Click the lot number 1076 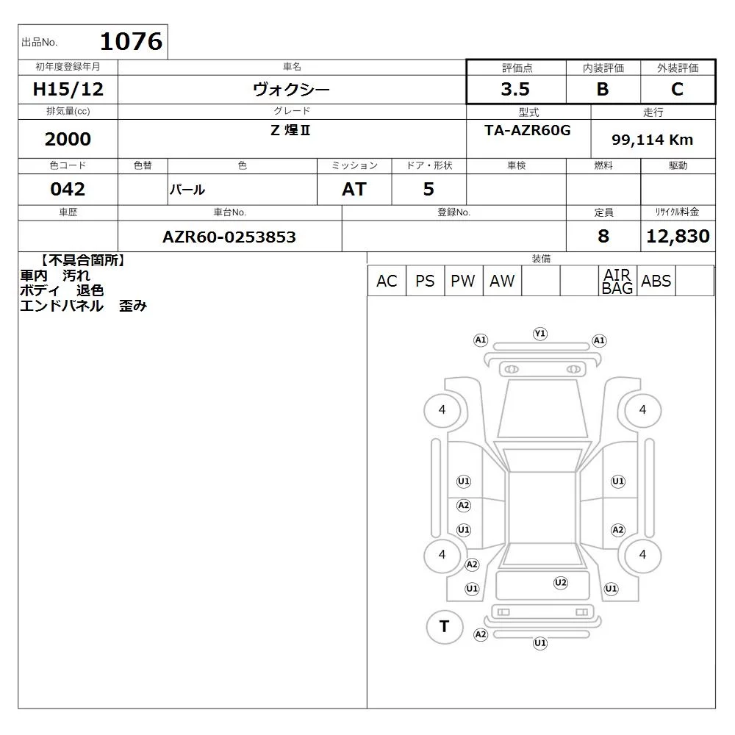pyautogui.click(x=132, y=41)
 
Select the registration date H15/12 pyautogui.click(x=68, y=89)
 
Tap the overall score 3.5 pyautogui.click(x=515, y=89)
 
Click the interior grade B pyautogui.click(x=603, y=89)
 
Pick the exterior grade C pyautogui.click(x=677, y=89)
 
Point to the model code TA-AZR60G pyautogui.click(x=528, y=130)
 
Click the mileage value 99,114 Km pyautogui.click(x=652, y=140)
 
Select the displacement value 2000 pyautogui.click(x=68, y=139)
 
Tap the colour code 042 pyautogui.click(x=68, y=189)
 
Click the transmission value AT pyautogui.click(x=354, y=189)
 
